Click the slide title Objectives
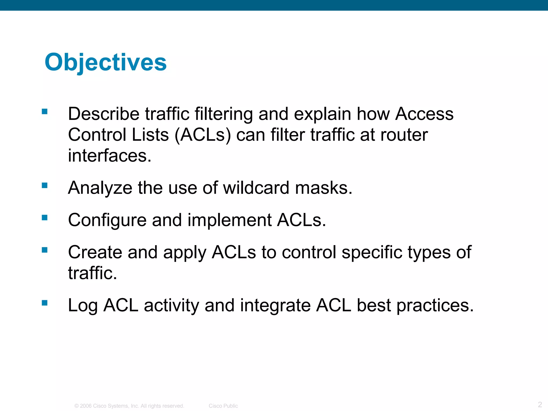tap(106, 62)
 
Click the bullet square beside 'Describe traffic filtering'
tap(45, 111)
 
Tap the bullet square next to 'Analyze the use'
tap(45, 185)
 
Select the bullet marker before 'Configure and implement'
tap(45, 218)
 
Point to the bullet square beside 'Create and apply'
tap(45, 250)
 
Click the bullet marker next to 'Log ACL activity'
tap(45, 303)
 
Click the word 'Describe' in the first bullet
tap(104, 114)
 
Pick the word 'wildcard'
tap(256, 188)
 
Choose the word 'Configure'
tap(107, 220)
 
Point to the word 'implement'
tap(229, 220)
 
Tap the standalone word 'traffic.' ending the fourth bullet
tap(93, 273)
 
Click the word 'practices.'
tap(435, 306)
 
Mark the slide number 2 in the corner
tap(540, 404)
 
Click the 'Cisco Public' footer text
tap(223, 406)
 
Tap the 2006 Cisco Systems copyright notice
tap(129, 406)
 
